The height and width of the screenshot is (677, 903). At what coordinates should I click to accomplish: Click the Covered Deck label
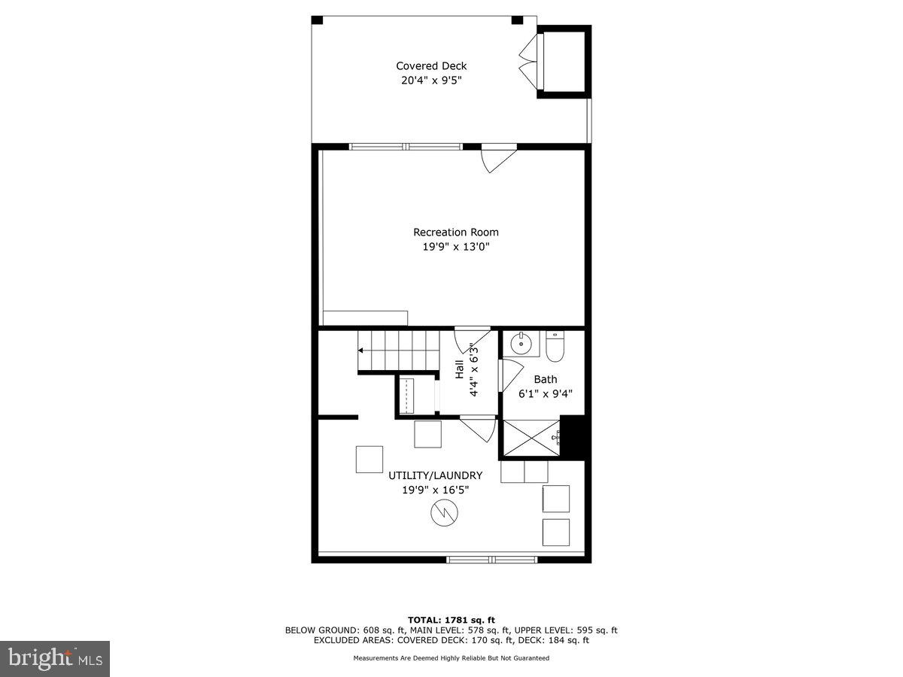pyautogui.click(x=431, y=66)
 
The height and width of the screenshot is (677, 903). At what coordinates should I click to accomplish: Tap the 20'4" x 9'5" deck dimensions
pyautogui.click(x=431, y=80)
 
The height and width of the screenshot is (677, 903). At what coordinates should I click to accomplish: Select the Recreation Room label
pyautogui.click(x=455, y=232)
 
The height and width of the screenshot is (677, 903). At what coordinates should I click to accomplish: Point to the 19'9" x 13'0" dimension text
pyautogui.click(x=455, y=247)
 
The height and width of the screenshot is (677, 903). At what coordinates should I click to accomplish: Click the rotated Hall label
pyautogui.click(x=459, y=369)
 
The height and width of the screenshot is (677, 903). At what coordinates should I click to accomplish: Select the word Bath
pyautogui.click(x=546, y=379)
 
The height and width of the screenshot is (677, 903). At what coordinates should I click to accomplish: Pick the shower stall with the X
pyautogui.click(x=531, y=438)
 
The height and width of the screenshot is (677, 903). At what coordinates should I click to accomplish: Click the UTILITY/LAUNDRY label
pyautogui.click(x=435, y=475)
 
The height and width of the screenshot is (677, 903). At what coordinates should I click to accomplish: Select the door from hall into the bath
pyautogui.click(x=510, y=374)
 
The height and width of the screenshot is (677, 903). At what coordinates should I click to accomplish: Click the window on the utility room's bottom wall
pyautogui.click(x=492, y=559)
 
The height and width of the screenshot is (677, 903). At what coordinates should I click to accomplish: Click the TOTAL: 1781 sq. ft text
pyautogui.click(x=451, y=620)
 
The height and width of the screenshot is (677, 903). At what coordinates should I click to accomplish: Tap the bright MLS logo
pyautogui.click(x=55, y=659)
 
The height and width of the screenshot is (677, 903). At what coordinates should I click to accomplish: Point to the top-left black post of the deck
pyautogui.click(x=317, y=20)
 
